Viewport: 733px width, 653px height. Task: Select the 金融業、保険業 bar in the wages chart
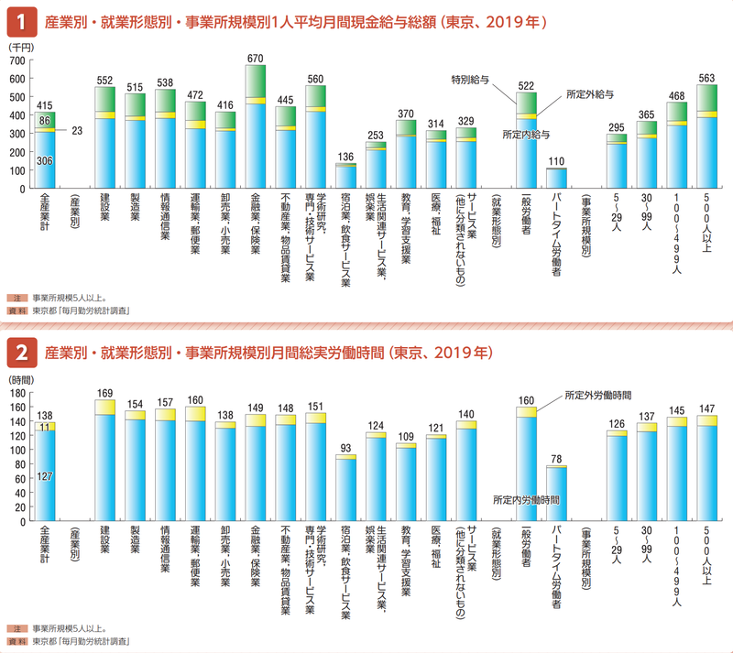click(257, 128)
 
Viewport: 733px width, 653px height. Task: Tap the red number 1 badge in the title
click(20, 18)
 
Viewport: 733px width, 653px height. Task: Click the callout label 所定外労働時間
click(598, 394)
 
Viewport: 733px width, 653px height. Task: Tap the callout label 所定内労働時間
click(526, 500)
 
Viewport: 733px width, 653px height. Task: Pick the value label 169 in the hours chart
click(104, 392)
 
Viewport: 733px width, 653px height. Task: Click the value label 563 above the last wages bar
click(706, 78)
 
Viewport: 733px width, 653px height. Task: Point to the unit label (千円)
click(19, 46)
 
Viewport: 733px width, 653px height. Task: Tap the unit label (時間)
click(19, 378)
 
